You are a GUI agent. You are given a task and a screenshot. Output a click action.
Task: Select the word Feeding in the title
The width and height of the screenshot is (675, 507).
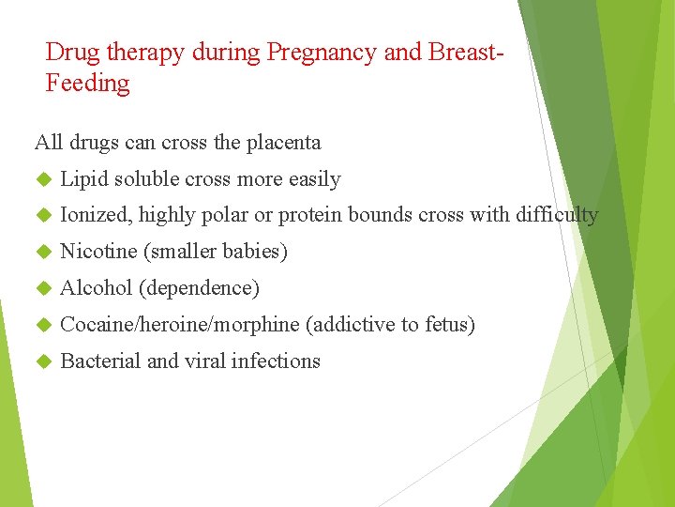tap(87, 84)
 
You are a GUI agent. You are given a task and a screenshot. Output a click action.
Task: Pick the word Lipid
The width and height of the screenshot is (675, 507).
tap(83, 179)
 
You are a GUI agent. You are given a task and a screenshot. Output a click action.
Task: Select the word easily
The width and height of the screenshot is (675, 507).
tap(314, 179)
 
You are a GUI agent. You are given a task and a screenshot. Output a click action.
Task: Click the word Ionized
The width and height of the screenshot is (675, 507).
tap(95, 215)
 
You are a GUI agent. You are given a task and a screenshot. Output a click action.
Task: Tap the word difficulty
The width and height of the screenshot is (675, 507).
tap(556, 215)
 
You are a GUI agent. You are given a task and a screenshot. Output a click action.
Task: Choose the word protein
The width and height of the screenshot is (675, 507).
tap(310, 215)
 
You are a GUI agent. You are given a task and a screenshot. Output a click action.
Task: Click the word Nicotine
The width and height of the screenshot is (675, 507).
tap(98, 252)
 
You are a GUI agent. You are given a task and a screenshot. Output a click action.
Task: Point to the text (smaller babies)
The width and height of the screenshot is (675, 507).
tap(216, 252)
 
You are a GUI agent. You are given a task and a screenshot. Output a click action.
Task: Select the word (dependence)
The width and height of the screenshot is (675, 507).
tap(199, 288)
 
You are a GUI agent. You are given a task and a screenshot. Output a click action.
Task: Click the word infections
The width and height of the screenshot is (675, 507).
tap(277, 361)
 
